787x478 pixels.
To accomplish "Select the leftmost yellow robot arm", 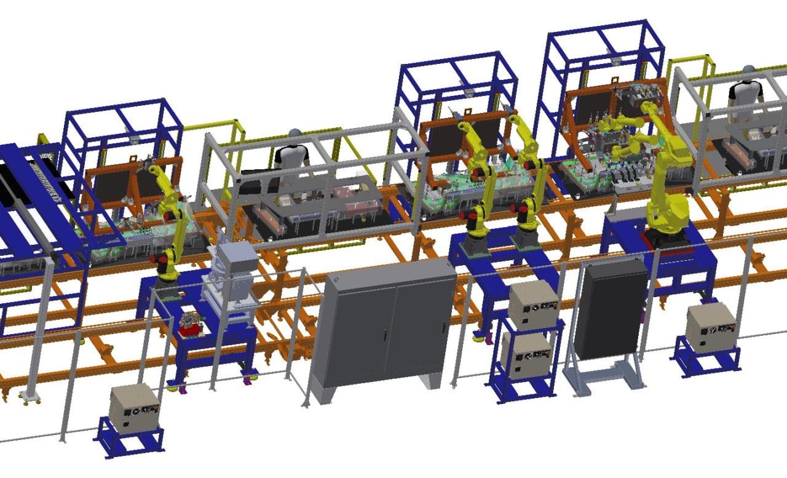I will point(171,221).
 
